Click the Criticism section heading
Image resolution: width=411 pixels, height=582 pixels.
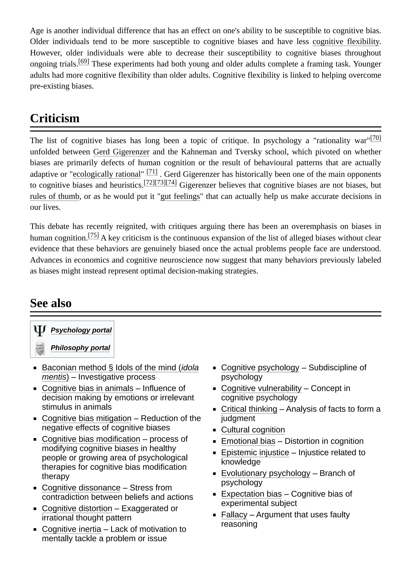pyautogui.click(x=55, y=118)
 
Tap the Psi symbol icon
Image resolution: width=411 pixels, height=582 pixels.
pyautogui.click(x=40, y=330)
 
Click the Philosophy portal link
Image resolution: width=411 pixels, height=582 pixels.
pyautogui.click(x=80, y=348)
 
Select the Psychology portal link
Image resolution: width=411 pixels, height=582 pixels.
pyautogui.click(x=81, y=330)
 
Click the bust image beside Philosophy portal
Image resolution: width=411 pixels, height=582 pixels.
pyautogui.click(x=40, y=348)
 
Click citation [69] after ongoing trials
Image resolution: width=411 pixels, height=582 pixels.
pyautogui.click(x=83, y=61)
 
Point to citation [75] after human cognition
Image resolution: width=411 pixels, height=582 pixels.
pyautogui.click(x=93, y=235)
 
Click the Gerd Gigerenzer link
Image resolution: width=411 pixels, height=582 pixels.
pyautogui.click(x=121, y=152)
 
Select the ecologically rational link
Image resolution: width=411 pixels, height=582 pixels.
pyautogui.click(x=107, y=174)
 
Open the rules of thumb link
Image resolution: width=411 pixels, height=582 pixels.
pyautogui.click(x=54, y=196)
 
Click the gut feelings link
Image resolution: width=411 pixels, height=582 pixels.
pyautogui.click(x=180, y=196)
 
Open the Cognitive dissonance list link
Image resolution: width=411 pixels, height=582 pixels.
pyautogui.click(x=81, y=488)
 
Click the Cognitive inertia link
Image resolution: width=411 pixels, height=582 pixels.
pyautogui.click(x=71, y=529)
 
